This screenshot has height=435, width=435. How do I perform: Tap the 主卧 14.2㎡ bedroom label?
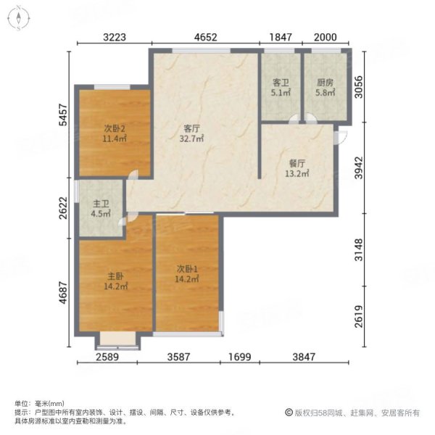(115, 281)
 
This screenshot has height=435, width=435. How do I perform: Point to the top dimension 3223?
(115, 36)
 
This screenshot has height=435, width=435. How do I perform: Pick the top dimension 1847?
(281, 36)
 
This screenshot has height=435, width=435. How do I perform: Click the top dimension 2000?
(325, 36)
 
